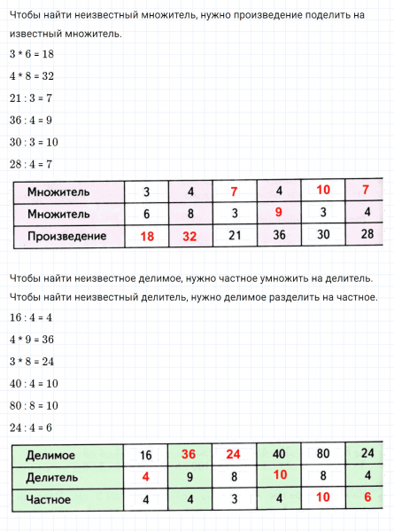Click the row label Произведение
67,237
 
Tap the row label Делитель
52,478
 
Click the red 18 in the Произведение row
146,237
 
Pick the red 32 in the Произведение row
190,237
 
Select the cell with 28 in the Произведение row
366,236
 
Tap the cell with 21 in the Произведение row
235,236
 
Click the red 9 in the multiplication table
278,213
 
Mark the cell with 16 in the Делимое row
146,456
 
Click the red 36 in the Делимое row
189,455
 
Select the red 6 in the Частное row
366,499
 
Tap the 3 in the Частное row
233,500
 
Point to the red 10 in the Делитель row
278,477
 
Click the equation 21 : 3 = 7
31,98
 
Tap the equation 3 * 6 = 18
31,54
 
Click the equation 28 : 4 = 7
31,164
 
